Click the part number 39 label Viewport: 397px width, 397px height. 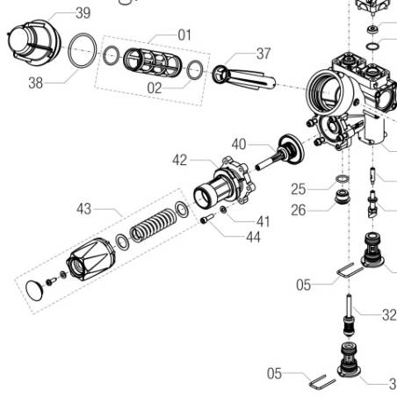pyautogui.click(x=82, y=13)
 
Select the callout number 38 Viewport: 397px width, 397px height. pyautogui.click(x=34, y=83)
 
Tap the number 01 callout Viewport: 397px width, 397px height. pyautogui.click(x=184, y=35)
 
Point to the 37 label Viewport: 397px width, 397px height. pyautogui.click(x=263, y=54)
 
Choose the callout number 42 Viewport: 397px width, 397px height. pyautogui.click(x=180, y=160)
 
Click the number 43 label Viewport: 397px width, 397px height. pyautogui.click(x=83, y=209)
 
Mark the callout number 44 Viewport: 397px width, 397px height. pyautogui.click(x=253, y=237)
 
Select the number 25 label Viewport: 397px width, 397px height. pyautogui.click(x=300, y=188)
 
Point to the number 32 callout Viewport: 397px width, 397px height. pyautogui.click(x=388, y=315)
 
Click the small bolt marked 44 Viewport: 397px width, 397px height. pyautogui.click(x=207, y=220)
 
